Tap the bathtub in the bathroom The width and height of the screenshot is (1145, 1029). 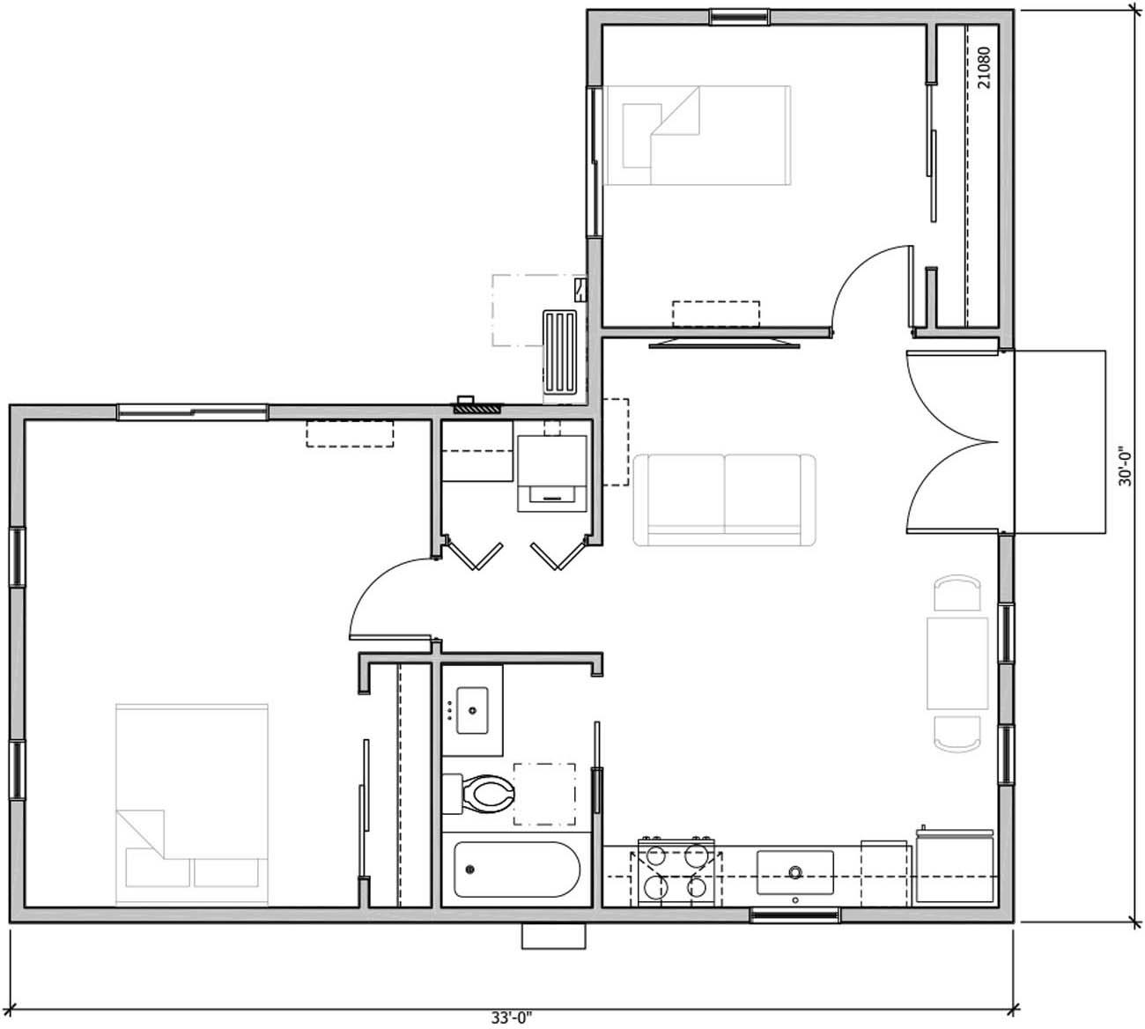click(x=516, y=870)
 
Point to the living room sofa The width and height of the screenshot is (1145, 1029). click(x=724, y=498)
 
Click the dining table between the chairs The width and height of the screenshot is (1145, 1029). click(x=957, y=663)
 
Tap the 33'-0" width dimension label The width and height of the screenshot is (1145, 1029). click(x=512, y=1018)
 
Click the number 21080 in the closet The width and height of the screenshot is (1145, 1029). click(x=984, y=67)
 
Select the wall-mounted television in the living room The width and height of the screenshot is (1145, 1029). click(x=725, y=342)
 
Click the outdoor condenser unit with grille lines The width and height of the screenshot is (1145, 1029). click(x=560, y=352)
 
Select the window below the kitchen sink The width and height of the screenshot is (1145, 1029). click(x=794, y=916)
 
